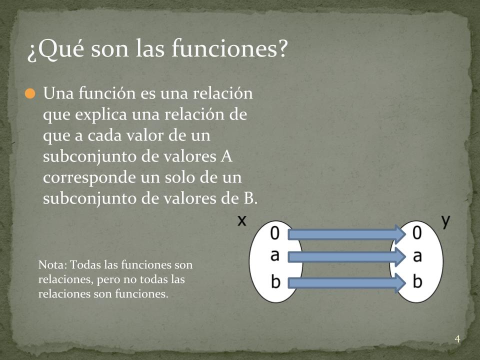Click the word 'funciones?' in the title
(x=229, y=48)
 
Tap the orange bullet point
(x=30, y=93)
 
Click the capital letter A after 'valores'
(x=226, y=156)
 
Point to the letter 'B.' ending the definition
(x=250, y=198)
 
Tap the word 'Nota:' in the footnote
(x=52, y=265)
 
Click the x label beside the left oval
(x=242, y=220)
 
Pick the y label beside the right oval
(x=446, y=220)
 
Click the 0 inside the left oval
(x=275, y=233)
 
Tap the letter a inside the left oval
(x=275, y=255)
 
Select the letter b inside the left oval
(x=275, y=281)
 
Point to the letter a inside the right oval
(x=417, y=256)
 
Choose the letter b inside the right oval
(x=417, y=281)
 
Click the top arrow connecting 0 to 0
(x=347, y=234)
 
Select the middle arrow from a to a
(x=347, y=257)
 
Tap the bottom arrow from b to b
(x=347, y=283)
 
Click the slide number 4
(x=457, y=339)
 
